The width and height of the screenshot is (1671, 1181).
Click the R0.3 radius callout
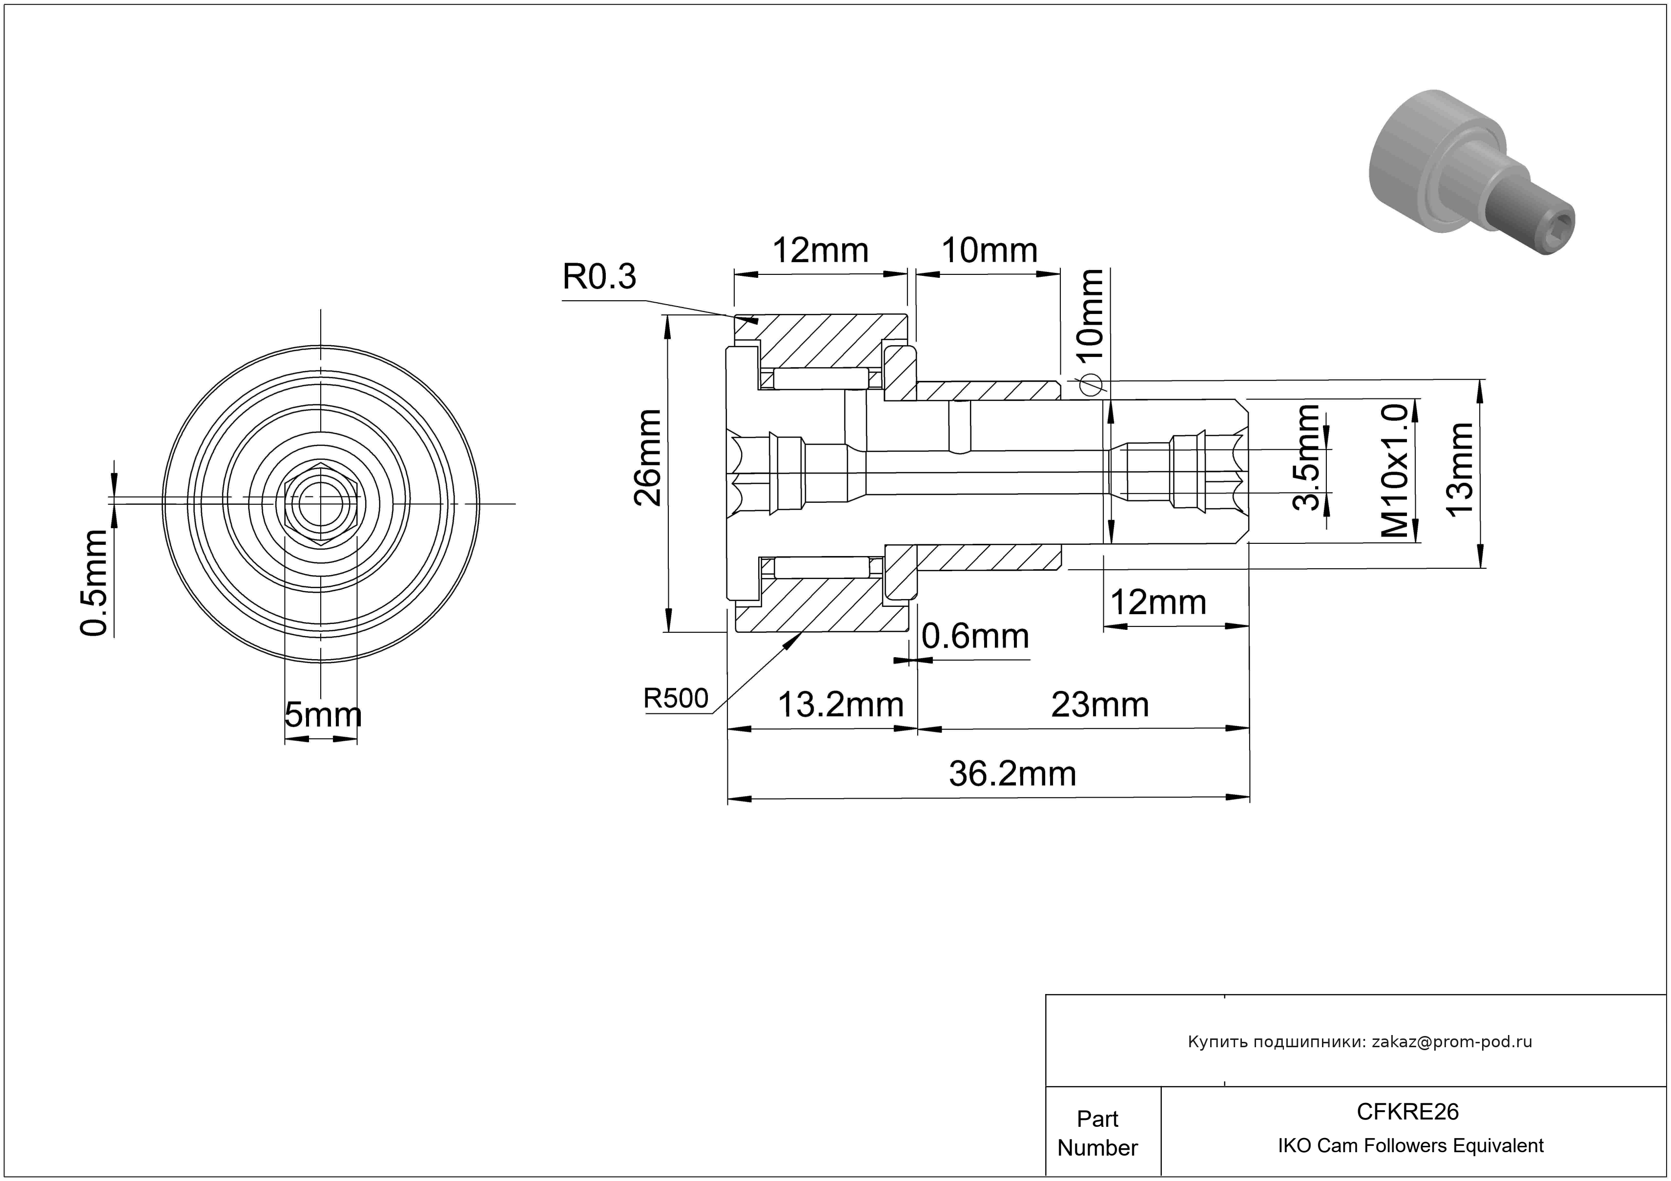tap(599, 276)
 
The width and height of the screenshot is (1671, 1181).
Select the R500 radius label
tap(676, 699)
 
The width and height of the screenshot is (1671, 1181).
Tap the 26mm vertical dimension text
tap(647, 457)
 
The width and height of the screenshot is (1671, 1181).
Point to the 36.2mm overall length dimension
tap(1011, 773)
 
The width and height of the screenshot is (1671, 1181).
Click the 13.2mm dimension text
tap(841, 705)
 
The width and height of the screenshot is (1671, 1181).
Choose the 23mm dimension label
tap(1100, 705)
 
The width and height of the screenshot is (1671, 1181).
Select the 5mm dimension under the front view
tap(322, 715)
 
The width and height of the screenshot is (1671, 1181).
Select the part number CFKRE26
tap(1407, 1112)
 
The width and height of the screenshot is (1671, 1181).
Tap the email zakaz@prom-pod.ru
tap(1451, 1042)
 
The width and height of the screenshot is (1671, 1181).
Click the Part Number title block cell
tap(1097, 1133)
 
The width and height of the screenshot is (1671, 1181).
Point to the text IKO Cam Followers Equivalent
tap(1410, 1146)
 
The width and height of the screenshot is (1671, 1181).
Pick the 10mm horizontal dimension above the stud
tap(989, 251)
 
